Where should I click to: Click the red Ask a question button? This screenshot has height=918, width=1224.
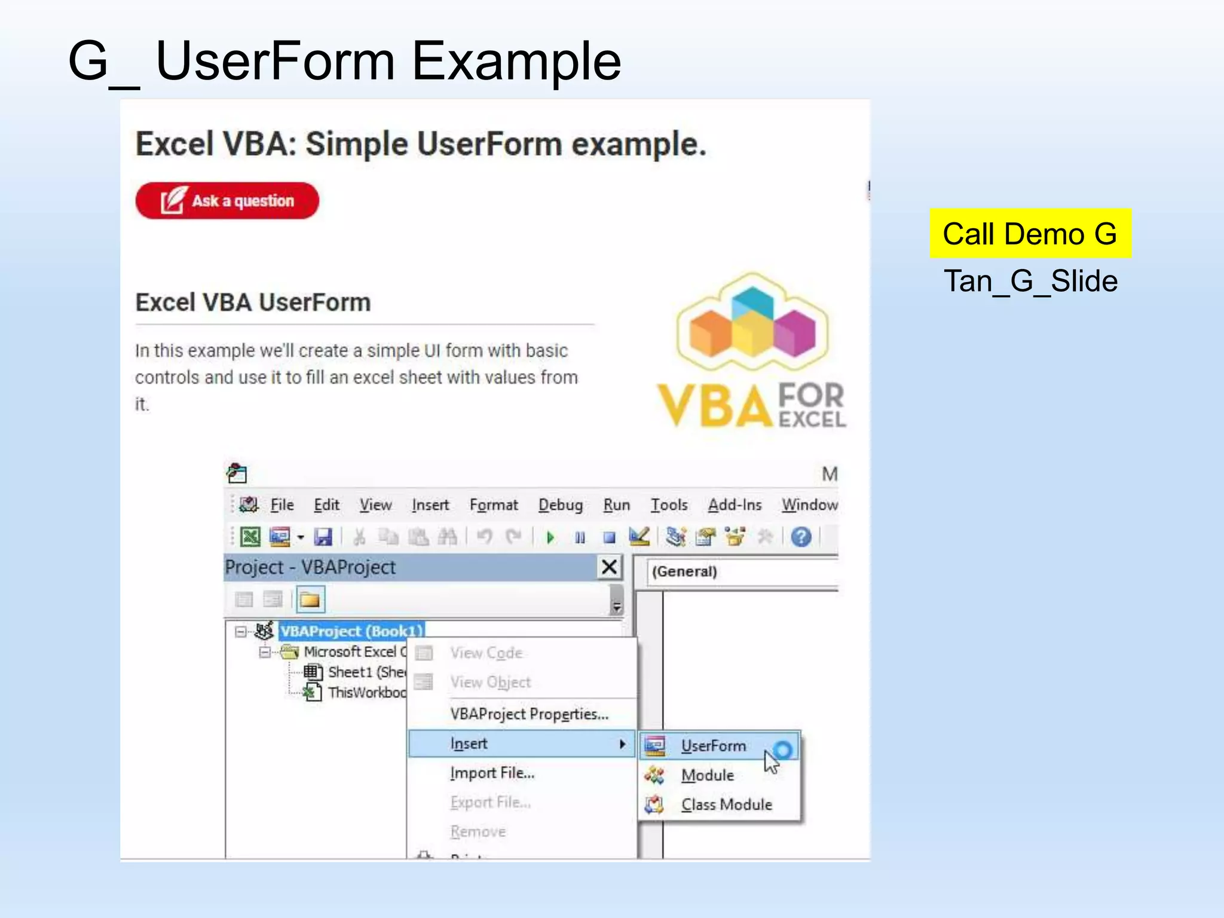[x=227, y=201]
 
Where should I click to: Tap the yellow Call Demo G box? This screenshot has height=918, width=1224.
[x=1030, y=234]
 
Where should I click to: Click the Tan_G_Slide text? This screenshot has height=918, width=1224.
[x=1030, y=281]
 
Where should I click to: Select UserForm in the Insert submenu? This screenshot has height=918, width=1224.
[x=713, y=746]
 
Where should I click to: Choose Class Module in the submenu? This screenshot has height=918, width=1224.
[x=726, y=804]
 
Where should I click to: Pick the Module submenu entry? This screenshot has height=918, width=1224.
[x=707, y=775]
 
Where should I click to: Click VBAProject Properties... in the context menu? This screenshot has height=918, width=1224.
[x=529, y=714]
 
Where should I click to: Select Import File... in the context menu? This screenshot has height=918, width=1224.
[x=492, y=773]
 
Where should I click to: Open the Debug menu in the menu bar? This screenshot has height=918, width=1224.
[x=560, y=505]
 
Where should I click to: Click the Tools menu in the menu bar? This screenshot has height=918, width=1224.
[x=669, y=505]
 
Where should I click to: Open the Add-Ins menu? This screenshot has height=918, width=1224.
[x=735, y=505]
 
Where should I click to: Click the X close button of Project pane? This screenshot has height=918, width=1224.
[x=609, y=567]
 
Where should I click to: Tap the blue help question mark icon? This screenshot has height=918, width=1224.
[x=801, y=537]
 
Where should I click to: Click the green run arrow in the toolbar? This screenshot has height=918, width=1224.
[x=550, y=537]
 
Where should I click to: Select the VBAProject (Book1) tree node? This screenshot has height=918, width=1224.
[x=351, y=631]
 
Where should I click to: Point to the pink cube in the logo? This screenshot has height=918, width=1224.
[x=795, y=332]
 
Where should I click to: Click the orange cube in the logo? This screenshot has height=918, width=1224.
[x=709, y=332]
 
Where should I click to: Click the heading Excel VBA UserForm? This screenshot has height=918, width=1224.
[x=253, y=302]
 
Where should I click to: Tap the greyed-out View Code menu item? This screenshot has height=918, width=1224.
[x=486, y=653]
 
